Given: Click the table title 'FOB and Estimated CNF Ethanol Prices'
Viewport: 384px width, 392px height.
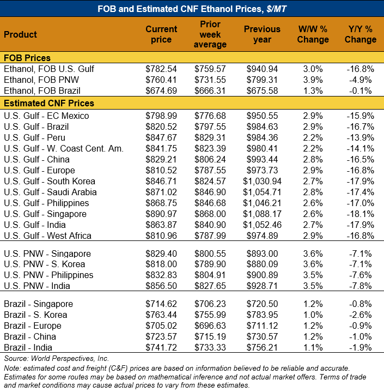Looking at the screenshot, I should [192, 9].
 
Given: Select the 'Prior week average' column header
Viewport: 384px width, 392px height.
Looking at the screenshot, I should [210, 34].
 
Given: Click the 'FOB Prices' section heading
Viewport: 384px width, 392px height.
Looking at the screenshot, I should [27, 58].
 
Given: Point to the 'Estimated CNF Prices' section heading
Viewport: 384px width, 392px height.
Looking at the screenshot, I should [49, 103].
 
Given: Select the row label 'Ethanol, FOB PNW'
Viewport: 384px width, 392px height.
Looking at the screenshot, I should [41, 80].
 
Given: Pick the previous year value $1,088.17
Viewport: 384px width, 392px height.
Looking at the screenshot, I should [262, 214].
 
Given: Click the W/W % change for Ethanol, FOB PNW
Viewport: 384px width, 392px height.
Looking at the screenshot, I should [314, 80].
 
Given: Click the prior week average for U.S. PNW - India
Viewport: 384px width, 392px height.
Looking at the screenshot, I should [210, 286].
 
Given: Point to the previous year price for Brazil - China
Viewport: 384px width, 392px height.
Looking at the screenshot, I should [262, 336].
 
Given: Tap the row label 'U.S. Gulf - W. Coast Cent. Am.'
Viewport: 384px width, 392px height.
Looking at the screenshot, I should [63, 148].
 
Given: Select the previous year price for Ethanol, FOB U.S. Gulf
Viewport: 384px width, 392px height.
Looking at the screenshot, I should [262, 69].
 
